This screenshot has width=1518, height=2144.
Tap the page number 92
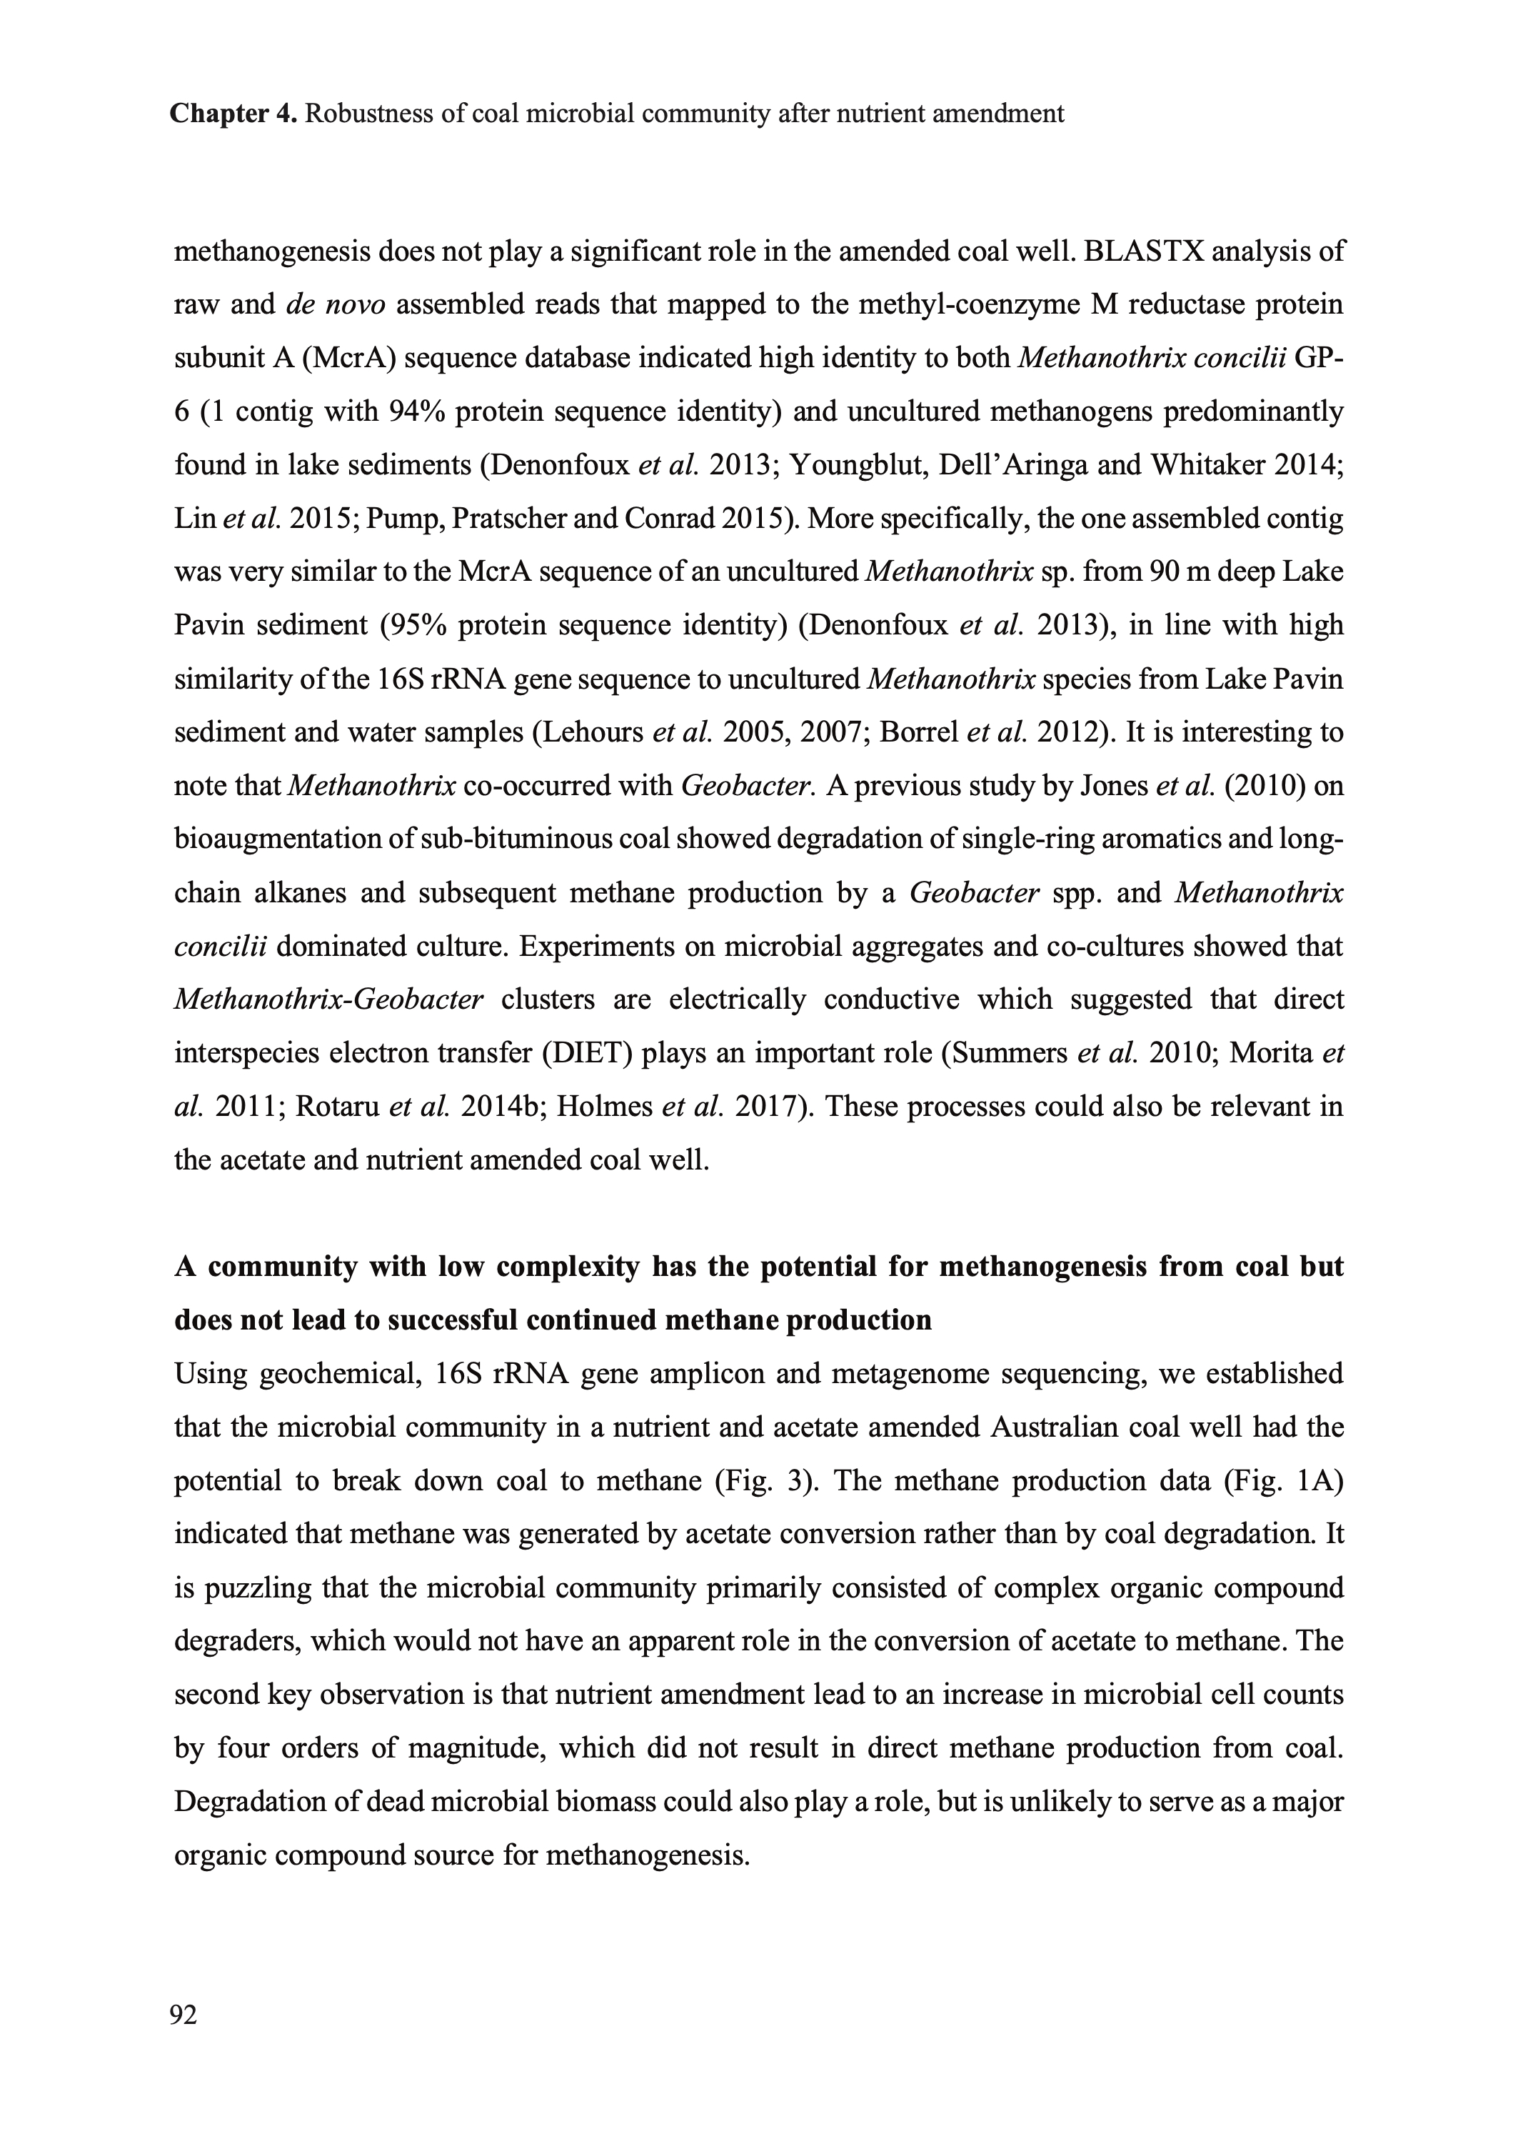coord(184,2017)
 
